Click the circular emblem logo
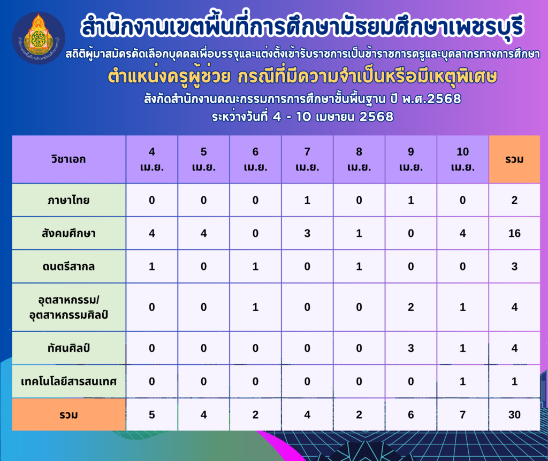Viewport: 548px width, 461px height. [39, 38]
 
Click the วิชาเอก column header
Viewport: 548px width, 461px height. [69, 159]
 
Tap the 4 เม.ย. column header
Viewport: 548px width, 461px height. [151, 159]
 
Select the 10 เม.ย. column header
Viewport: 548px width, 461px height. [463, 159]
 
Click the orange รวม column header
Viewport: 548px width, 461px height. [514, 159]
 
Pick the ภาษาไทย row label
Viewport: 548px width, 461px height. [69, 200]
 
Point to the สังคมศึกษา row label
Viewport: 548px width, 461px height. [69, 233]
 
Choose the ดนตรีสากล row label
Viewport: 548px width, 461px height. [69, 266]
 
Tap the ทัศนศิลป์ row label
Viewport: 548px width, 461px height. [69, 348]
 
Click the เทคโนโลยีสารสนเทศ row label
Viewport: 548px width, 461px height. [69, 381]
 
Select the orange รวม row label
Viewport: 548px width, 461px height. [69, 414]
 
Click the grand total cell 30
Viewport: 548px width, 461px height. [514, 414]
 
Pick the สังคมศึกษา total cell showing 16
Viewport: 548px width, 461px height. [514, 233]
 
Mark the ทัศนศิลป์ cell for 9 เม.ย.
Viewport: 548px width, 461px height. [411, 348]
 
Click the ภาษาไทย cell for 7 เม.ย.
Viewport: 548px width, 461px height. [307, 200]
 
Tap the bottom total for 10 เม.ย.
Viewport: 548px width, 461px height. [463, 414]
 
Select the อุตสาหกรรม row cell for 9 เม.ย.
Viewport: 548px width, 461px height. [411, 308]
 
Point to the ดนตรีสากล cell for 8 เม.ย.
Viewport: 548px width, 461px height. [359, 266]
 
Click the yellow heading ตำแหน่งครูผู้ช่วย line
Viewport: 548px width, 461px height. [302, 76]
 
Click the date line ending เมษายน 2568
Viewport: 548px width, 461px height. [303, 116]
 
